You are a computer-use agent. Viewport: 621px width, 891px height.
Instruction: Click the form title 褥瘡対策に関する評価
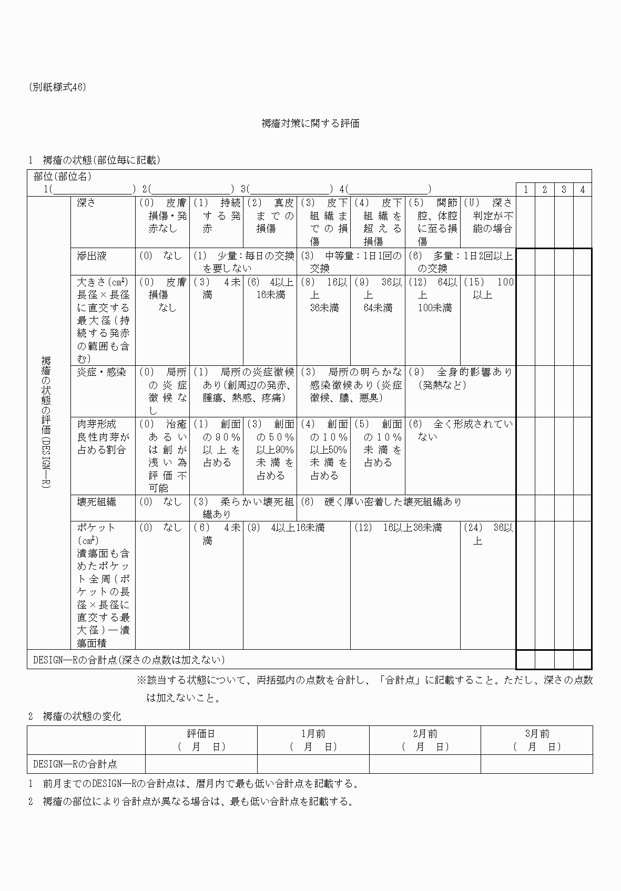[310, 124]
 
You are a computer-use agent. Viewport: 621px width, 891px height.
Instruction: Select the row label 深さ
[87, 203]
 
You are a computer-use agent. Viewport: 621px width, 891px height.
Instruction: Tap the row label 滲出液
[92, 256]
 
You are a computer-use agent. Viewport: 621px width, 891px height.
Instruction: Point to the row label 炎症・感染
[101, 372]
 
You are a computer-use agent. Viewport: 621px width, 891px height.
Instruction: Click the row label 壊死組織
[96, 502]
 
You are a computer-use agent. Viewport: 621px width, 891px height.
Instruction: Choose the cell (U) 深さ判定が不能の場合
[487, 216]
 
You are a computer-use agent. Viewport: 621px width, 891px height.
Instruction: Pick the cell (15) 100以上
[487, 289]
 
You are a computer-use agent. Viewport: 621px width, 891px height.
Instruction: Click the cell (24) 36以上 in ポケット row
[487, 534]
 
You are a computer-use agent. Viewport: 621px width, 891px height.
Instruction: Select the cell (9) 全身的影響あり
[460, 378]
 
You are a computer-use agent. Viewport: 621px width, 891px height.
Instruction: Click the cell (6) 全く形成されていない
[460, 430]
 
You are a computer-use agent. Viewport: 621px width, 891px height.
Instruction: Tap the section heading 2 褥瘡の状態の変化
[75, 716]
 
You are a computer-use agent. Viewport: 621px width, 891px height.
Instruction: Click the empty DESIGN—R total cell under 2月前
[425, 764]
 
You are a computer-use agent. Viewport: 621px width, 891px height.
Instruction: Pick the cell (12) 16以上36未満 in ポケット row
[405, 528]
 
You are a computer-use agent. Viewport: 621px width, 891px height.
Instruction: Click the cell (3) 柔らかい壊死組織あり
[243, 508]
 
